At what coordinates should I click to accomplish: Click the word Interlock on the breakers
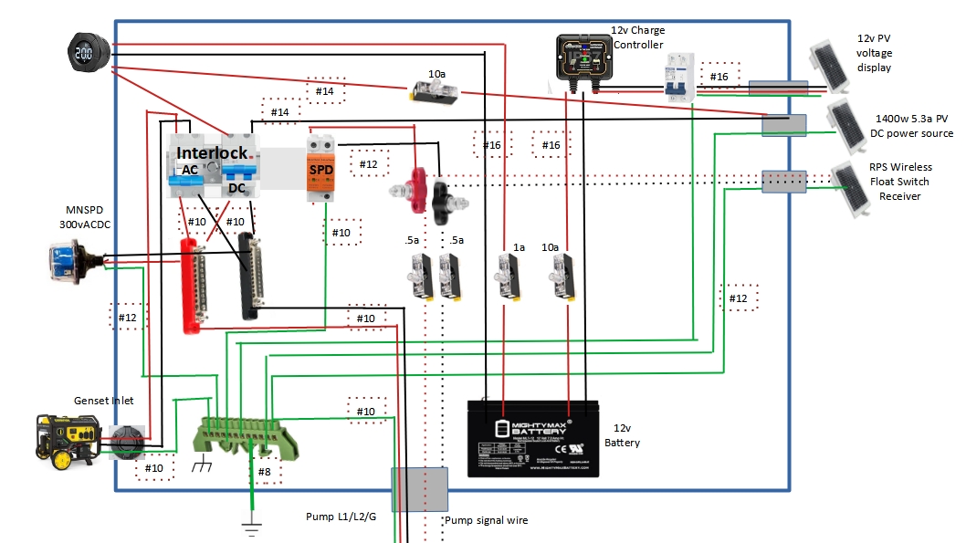[x=212, y=152]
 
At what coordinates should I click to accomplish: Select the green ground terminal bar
[x=247, y=435]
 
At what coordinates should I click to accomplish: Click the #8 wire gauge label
[x=264, y=472]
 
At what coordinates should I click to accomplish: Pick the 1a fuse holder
[x=506, y=275]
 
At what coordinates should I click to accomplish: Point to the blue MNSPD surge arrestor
[x=73, y=263]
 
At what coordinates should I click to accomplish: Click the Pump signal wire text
[x=486, y=520]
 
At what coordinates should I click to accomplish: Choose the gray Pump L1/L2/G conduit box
[x=419, y=489]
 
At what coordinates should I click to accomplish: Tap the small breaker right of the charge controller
[x=676, y=76]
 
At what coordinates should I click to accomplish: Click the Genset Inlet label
[x=104, y=401]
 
